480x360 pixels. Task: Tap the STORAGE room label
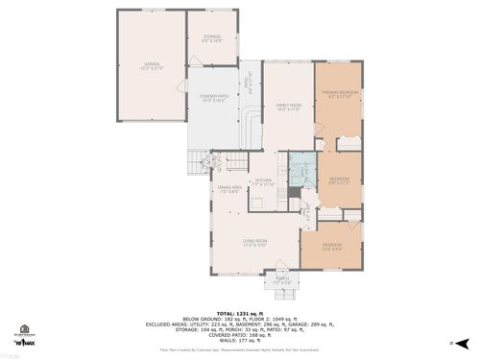click(x=212, y=38)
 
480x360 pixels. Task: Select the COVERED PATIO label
click(x=212, y=98)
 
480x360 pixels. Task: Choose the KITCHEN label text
click(x=263, y=180)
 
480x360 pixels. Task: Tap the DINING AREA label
click(x=228, y=191)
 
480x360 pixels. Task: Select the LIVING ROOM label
click(x=254, y=242)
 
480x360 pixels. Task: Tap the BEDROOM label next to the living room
click(x=333, y=247)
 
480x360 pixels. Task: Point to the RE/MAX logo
click(x=22, y=342)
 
